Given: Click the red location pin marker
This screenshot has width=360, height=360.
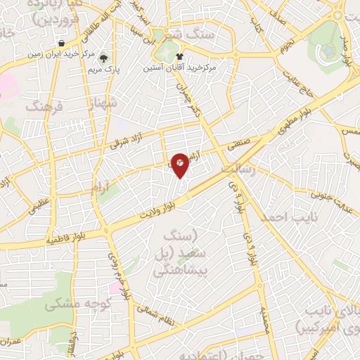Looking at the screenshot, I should tap(181, 165).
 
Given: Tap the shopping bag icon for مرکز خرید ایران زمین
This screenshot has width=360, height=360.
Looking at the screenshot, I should tap(63, 44).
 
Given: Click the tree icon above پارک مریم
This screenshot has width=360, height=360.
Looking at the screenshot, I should tap(104, 58).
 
